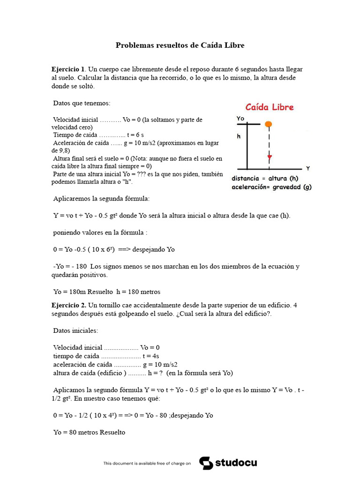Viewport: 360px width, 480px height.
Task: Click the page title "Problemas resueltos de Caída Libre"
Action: click(x=180, y=45)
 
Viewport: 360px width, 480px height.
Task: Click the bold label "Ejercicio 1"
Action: click(x=68, y=69)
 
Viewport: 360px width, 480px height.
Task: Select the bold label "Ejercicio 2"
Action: click(x=68, y=305)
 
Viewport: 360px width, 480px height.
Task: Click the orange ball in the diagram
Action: click(x=268, y=124)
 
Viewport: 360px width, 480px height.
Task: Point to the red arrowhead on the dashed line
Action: click(x=269, y=157)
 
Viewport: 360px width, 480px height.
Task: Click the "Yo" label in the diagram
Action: click(x=240, y=119)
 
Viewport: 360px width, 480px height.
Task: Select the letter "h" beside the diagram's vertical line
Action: click(x=239, y=137)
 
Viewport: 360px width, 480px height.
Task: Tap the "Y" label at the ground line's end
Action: click(x=307, y=168)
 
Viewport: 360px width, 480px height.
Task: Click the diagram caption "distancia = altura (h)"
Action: click(x=265, y=179)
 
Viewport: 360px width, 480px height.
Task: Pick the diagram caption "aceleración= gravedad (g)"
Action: click(x=271, y=187)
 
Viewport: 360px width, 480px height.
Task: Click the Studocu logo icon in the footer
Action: click(x=206, y=463)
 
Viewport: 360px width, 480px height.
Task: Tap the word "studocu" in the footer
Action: click(x=236, y=463)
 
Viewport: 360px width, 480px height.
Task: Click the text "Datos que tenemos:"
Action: click(x=82, y=103)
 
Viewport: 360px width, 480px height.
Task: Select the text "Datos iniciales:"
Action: click(x=76, y=330)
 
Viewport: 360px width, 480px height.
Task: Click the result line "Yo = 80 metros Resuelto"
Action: click(x=89, y=432)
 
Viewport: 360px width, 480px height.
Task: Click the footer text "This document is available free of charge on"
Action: click(x=147, y=463)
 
